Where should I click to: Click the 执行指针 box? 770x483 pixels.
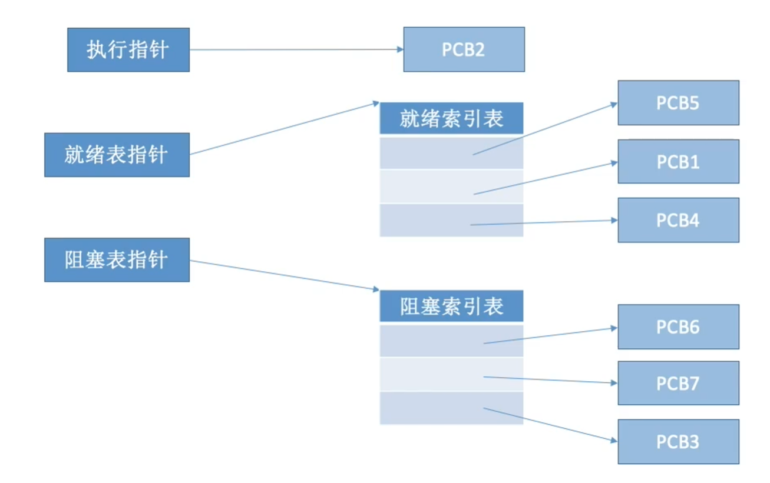(x=128, y=50)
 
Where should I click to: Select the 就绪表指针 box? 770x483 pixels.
(x=117, y=155)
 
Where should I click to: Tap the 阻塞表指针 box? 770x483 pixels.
(x=117, y=259)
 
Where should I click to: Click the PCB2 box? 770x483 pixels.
(x=464, y=49)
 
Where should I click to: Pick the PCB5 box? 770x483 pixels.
(x=678, y=103)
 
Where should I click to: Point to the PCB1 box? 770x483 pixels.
(x=678, y=161)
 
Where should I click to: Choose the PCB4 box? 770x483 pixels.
(x=678, y=220)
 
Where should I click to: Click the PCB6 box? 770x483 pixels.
(x=678, y=327)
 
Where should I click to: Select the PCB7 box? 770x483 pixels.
(x=678, y=383)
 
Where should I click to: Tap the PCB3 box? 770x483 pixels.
(x=678, y=441)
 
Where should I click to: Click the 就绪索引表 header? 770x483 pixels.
(x=451, y=119)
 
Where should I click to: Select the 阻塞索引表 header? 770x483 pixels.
(x=451, y=307)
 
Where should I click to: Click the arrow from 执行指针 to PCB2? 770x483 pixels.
(x=295, y=50)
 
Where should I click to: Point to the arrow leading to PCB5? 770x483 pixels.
(x=545, y=129)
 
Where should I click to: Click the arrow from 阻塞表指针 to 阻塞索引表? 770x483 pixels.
(x=283, y=275)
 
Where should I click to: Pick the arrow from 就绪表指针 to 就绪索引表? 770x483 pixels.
(x=283, y=129)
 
